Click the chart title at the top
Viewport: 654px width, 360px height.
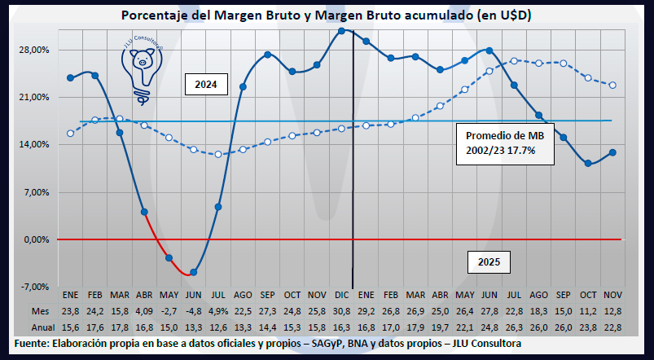[x=326, y=15]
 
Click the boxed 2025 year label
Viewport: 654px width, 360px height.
[x=489, y=262]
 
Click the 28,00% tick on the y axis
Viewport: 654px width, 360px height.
[x=34, y=50]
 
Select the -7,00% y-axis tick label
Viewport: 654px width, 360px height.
[x=34, y=288]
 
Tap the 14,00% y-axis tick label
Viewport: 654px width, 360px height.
[x=34, y=145]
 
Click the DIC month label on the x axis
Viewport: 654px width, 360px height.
[x=342, y=295]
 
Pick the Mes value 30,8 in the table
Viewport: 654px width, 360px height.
[x=342, y=310]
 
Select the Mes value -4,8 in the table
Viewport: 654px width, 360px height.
[x=194, y=310]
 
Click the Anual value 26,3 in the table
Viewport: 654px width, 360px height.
[x=515, y=326]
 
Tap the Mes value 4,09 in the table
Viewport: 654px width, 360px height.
[x=144, y=310]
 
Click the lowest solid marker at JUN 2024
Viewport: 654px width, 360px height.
[x=193, y=272]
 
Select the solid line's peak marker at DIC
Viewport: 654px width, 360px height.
[x=342, y=31]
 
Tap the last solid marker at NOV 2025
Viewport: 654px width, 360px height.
[x=612, y=152]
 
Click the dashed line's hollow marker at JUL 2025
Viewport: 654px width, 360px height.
[x=515, y=61]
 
